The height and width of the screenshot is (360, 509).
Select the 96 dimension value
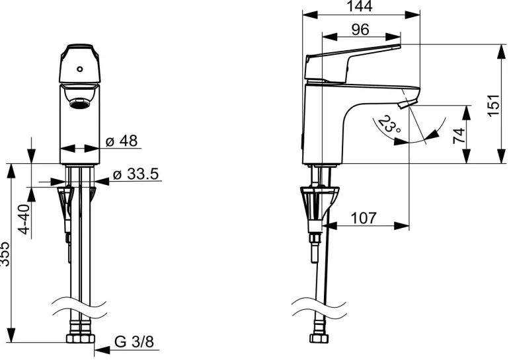[360, 30]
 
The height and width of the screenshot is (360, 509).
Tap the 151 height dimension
[492, 105]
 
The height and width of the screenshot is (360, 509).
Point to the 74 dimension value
[459, 135]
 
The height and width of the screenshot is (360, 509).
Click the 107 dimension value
[364, 218]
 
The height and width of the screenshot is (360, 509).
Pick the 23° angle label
[389, 124]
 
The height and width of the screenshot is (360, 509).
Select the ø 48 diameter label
[122, 141]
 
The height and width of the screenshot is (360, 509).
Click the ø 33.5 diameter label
[136, 174]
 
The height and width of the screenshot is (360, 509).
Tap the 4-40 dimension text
[24, 219]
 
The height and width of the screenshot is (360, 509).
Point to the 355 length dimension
[5, 254]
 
